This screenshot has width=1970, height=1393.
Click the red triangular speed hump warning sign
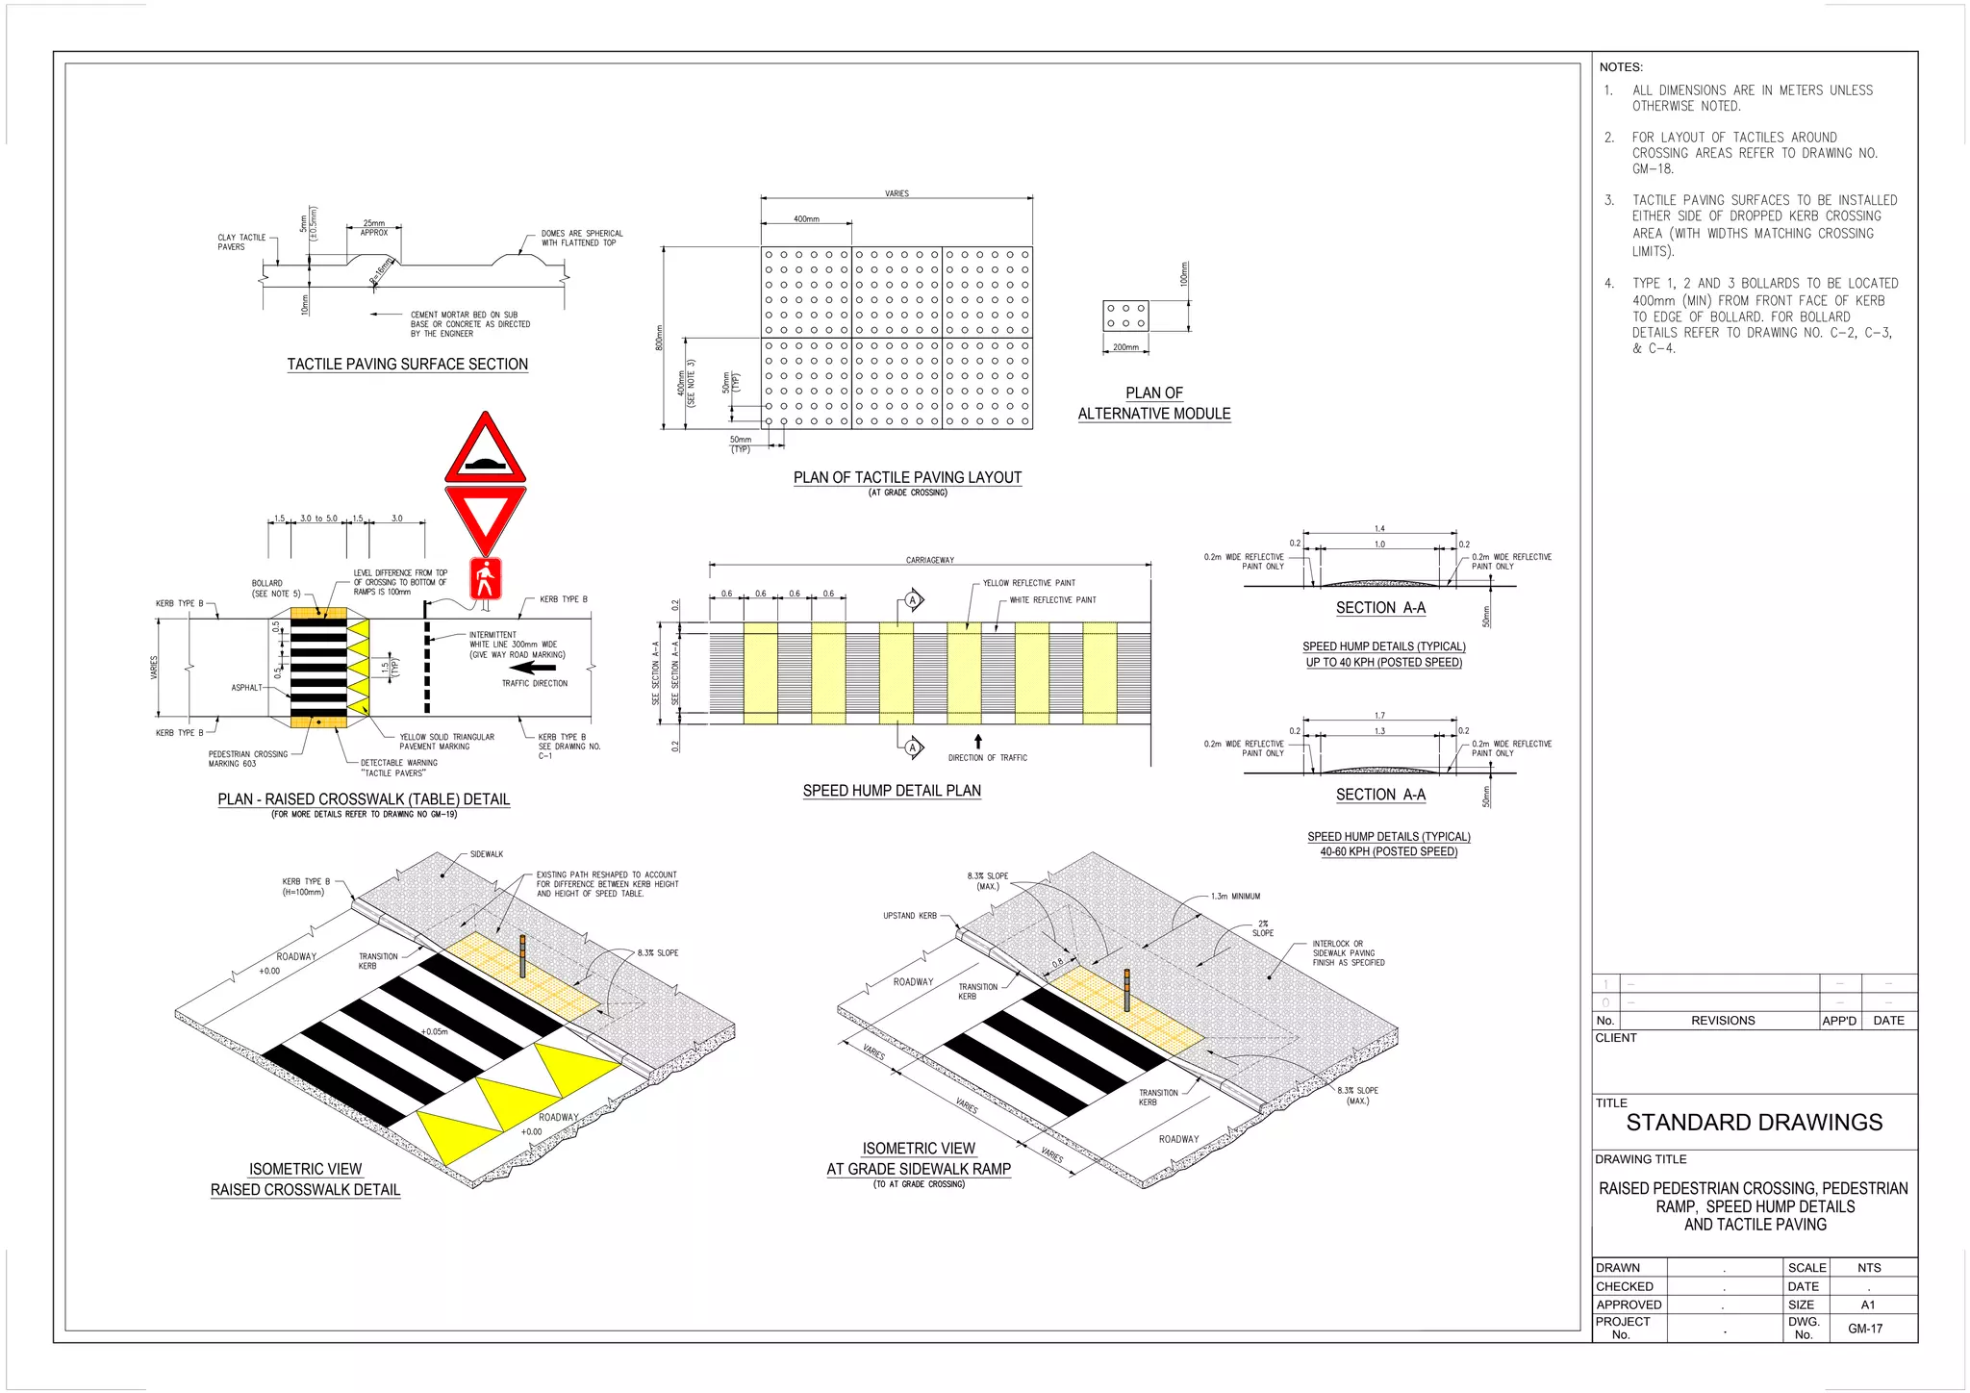tap(486, 453)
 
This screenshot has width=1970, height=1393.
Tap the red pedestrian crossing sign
tap(486, 579)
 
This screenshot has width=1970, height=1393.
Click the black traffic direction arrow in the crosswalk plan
tap(533, 667)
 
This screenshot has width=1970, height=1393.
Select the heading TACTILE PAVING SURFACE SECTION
tap(407, 365)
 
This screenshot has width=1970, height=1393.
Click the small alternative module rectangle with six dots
tap(1125, 317)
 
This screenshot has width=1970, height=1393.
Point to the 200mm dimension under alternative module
tap(1125, 347)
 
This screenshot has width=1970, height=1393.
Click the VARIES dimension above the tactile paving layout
tap(897, 193)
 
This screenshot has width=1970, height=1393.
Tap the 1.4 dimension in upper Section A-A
tap(1379, 528)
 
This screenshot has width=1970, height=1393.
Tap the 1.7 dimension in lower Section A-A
tap(1379, 715)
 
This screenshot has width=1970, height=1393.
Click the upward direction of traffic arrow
tap(978, 742)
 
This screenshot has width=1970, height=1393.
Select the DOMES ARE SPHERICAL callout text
tap(581, 238)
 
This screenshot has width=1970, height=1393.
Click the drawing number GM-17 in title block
tap(1865, 1329)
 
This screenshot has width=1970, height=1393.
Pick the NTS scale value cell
tap(1869, 1268)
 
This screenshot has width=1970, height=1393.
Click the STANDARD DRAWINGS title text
tap(1754, 1123)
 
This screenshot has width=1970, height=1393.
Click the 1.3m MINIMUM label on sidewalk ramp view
tap(1234, 896)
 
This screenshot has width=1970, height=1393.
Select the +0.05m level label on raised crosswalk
tap(435, 1031)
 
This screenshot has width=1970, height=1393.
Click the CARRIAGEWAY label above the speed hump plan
tap(929, 560)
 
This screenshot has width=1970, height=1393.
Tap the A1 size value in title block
tap(1868, 1304)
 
